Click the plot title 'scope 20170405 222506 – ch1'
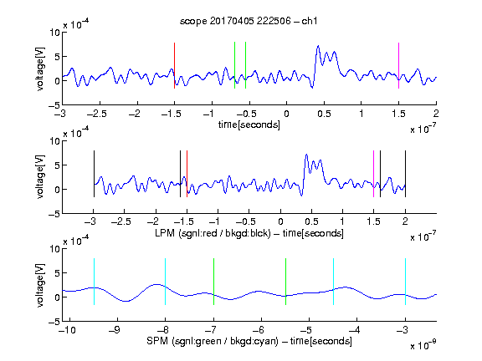(249, 21)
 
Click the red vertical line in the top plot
(174, 66)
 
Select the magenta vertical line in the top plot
(398, 66)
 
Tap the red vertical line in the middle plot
(187, 174)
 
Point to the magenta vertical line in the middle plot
(373, 174)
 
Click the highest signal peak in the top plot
(318, 46)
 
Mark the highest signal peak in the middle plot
(306, 155)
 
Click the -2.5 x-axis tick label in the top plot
(97, 114)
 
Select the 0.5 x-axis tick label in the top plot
(324, 114)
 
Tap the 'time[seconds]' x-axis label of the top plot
(249, 125)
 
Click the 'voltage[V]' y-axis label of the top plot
(40, 69)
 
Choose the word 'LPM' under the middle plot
(165, 233)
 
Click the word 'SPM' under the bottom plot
(157, 341)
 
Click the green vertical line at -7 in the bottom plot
(213, 282)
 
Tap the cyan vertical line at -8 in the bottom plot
(166, 282)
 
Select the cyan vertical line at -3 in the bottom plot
(406, 282)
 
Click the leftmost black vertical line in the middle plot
(94, 174)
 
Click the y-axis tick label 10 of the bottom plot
(54, 249)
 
